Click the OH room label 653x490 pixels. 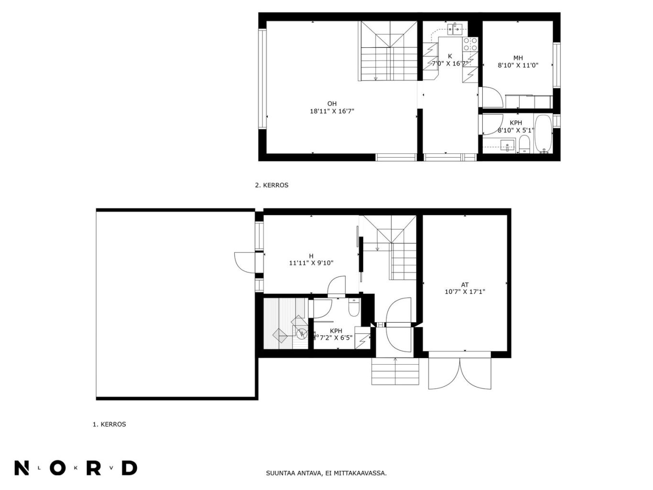click(332, 104)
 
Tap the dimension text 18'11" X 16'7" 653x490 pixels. click(332, 111)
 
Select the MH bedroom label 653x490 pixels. click(518, 58)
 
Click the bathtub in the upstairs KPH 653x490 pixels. click(544, 134)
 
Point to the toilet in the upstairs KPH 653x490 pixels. click(524, 144)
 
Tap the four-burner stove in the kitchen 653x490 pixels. click(470, 44)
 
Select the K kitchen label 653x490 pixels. click(450, 56)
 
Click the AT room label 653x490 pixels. click(465, 284)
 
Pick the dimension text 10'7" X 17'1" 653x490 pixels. click(465, 292)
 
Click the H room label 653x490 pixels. click(311, 256)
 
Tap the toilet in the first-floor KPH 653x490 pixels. click(354, 307)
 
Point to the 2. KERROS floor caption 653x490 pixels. click(272, 185)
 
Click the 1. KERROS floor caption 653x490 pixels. click(109, 424)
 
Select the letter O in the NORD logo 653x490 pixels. click(58, 468)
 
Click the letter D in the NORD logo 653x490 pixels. click(130, 468)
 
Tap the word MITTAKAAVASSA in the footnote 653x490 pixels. click(360, 473)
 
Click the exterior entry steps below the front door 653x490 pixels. click(395, 371)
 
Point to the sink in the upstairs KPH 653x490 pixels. click(507, 145)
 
